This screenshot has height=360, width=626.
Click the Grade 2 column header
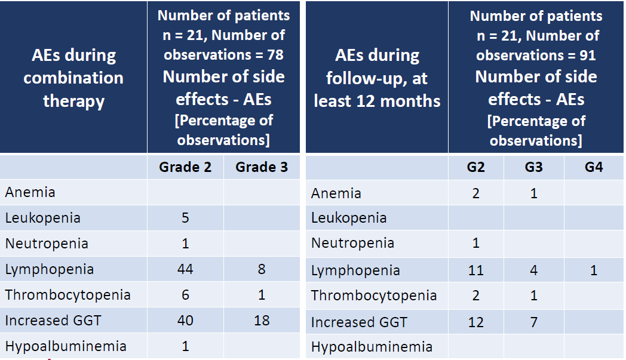coord(185,167)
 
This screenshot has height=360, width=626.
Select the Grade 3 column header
coord(262,167)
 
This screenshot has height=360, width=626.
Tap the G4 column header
coord(593,167)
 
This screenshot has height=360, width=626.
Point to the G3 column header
coord(533,167)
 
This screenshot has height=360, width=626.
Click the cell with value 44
coord(185,269)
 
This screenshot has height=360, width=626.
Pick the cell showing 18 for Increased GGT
coord(262,321)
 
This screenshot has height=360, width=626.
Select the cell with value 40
coord(185,321)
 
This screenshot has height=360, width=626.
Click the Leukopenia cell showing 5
coord(185,218)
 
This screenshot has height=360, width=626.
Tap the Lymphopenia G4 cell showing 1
coord(593,270)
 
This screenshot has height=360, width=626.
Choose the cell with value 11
coord(475,270)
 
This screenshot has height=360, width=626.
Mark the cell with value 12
coord(475,322)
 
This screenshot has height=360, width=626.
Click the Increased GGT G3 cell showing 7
coord(533,322)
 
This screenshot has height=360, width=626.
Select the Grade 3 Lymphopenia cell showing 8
coord(262,269)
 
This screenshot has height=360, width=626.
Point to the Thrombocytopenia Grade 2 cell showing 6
coord(185,295)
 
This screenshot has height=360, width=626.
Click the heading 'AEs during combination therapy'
coord(73,78)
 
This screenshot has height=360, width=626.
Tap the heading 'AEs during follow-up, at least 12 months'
coord(377,78)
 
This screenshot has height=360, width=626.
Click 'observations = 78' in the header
coord(223,55)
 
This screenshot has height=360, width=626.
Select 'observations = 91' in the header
coord(536,56)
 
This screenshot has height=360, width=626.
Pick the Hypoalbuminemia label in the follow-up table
coord(372,347)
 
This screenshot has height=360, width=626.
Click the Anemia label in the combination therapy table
coord(30,192)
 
